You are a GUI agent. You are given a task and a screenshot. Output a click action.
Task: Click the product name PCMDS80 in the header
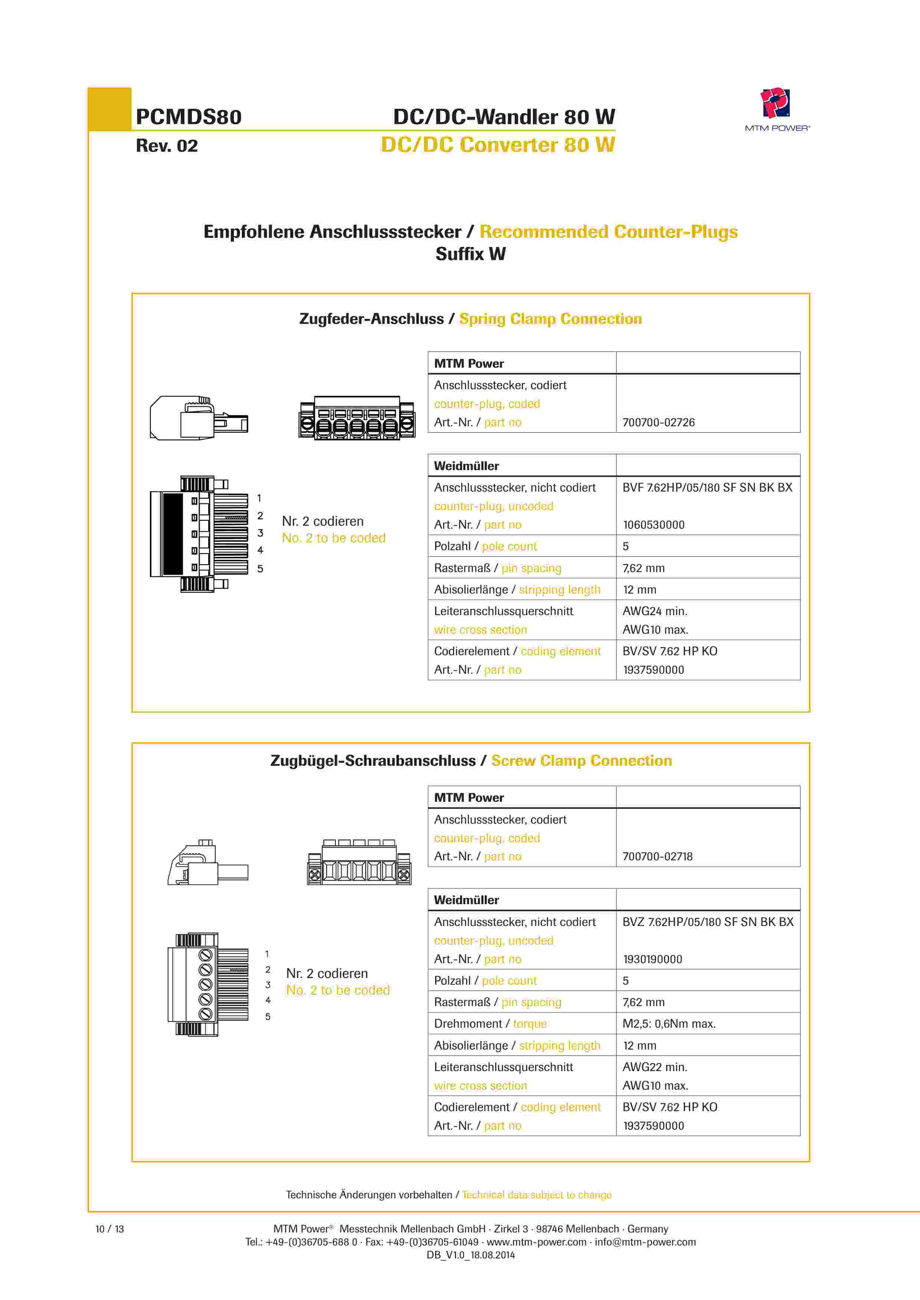[189, 117]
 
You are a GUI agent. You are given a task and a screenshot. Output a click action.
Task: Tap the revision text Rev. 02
[167, 146]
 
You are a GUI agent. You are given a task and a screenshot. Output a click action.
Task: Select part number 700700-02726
[658, 422]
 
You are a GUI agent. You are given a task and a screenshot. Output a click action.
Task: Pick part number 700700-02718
[657, 857]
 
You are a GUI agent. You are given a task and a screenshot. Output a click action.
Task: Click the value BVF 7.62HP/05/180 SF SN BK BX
[707, 487]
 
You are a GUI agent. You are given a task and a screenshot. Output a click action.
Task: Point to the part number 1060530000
[653, 525]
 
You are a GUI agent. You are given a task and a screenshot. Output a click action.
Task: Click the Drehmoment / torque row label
[490, 1024]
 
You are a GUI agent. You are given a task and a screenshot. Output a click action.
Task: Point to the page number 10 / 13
[109, 1229]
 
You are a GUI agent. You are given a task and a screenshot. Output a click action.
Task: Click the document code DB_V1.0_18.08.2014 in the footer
[470, 1255]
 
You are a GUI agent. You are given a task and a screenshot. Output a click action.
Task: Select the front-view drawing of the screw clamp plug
[359, 862]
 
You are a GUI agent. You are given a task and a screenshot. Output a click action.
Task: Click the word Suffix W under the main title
[470, 254]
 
